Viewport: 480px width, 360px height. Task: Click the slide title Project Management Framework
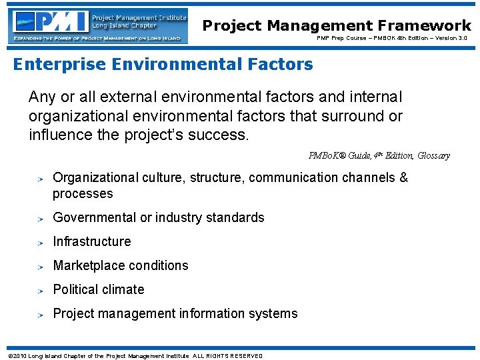pos(337,26)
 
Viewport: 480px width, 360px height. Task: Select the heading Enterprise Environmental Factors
pos(163,65)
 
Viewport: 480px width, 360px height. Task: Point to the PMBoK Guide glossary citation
pos(379,155)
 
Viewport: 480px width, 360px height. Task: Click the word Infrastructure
pos(92,241)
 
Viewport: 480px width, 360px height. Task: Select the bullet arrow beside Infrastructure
pos(41,242)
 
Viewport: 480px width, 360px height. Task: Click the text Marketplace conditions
pos(121,265)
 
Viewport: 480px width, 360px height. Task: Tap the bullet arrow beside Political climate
pos(41,290)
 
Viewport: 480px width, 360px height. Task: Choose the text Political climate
pos(99,289)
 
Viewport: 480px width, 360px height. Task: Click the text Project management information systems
pos(175,313)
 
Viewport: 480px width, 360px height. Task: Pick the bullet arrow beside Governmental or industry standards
pos(41,218)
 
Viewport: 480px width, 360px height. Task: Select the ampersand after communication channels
pos(403,177)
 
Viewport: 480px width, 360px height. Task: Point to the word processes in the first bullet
pos(83,194)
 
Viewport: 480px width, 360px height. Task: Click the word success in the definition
pos(224,135)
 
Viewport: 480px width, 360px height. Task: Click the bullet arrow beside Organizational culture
pos(41,178)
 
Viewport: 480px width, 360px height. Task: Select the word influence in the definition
pos(59,135)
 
